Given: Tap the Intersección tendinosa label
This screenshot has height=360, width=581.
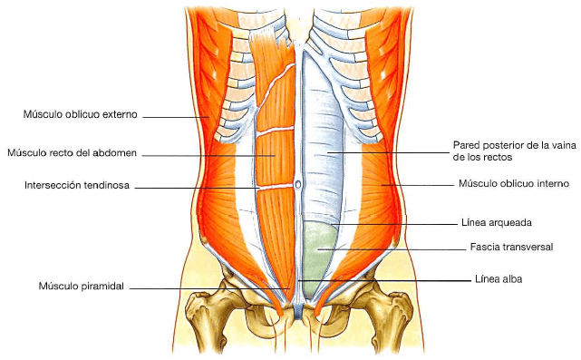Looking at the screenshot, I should tap(77, 186).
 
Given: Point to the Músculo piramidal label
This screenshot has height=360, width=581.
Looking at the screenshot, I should tap(80, 287).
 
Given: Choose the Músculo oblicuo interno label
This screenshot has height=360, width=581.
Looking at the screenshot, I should tap(513, 184).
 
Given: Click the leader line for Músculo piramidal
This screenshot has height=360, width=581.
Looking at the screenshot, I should tap(208, 287).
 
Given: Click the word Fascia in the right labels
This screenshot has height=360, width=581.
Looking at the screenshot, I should tap(485, 247).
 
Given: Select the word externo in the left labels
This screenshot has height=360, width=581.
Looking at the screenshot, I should tap(119, 115).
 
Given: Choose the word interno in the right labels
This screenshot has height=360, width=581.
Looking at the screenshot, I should tap(551, 184).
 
